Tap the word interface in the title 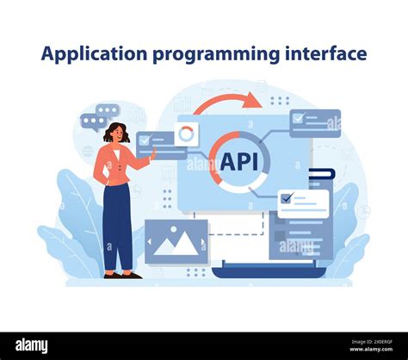(x=325, y=53)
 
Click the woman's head (x=116, y=133)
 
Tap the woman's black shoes (x=121, y=275)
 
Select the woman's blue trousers (x=118, y=228)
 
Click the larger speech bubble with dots (x=108, y=110)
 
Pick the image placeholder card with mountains (x=176, y=242)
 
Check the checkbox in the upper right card (x=299, y=119)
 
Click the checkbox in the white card (x=287, y=197)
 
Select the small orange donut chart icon (x=186, y=133)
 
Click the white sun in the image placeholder (x=163, y=231)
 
